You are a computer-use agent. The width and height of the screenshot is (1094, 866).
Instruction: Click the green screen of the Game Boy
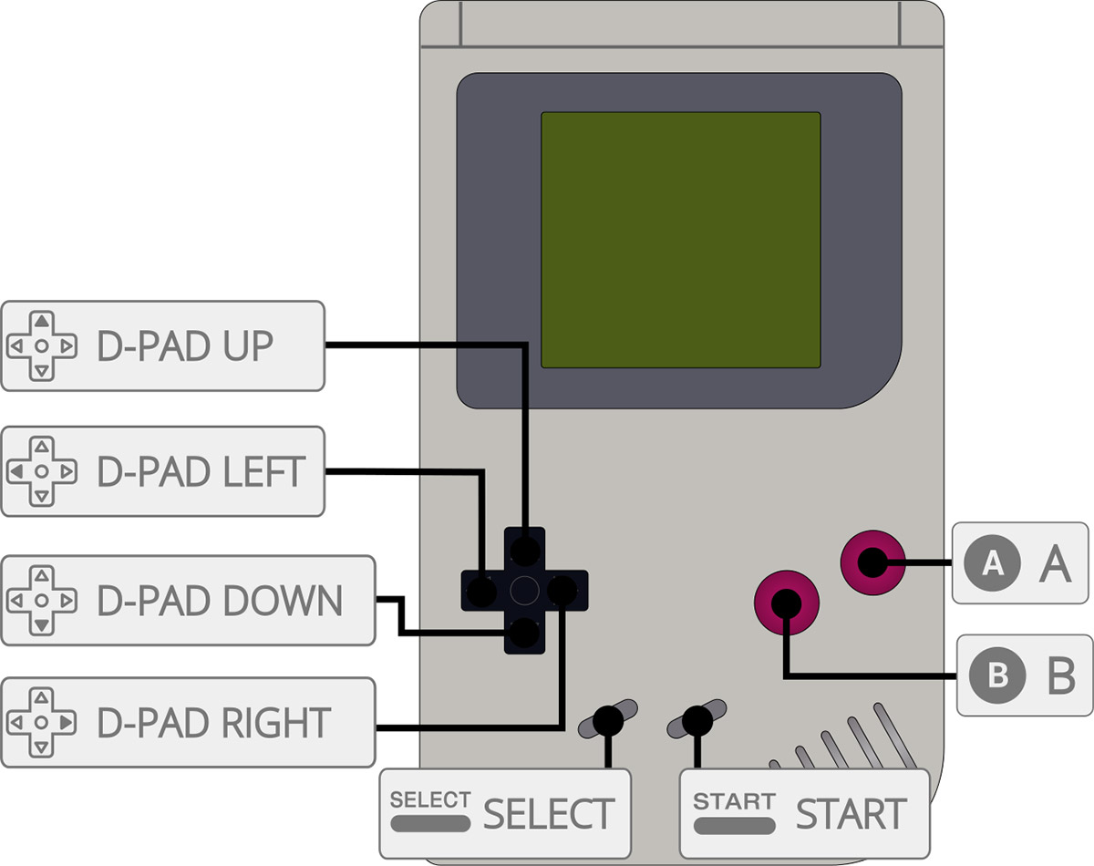pos(681,240)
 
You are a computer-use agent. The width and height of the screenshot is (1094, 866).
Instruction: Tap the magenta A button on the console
pos(872,562)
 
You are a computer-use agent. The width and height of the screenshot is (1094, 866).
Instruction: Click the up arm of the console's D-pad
pos(524,549)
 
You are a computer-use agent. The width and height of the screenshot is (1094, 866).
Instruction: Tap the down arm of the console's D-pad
pos(524,633)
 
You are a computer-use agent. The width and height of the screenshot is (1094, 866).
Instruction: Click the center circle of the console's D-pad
pos(524,591)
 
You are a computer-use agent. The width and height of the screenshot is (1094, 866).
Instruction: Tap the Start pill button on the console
pos(697,720)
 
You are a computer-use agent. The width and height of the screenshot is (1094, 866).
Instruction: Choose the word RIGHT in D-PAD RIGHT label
pos(276,722)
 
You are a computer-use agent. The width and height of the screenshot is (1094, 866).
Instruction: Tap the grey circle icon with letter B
pos(997,675)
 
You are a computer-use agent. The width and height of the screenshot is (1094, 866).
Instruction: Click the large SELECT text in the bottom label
pos(548,814)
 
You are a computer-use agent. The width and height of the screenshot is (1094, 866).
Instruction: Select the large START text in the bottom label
pos(851,814)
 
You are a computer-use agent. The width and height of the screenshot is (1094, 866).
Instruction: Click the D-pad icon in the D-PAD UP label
pos(41,346)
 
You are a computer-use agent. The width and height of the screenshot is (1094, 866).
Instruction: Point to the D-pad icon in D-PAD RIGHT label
pos(41,722)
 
